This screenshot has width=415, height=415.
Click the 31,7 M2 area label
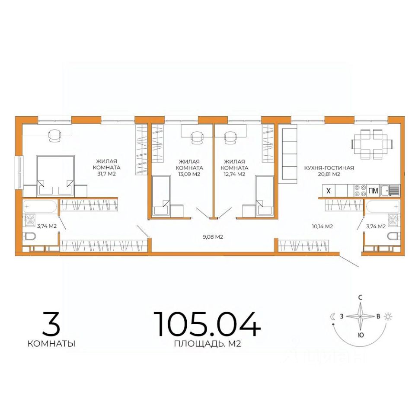pyautogui.click(x=106, y=174)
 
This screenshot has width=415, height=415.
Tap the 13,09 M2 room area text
pyautogui.click(x=189, y=174)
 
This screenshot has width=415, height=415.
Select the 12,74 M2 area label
pyautogui.click(x=234, y=174)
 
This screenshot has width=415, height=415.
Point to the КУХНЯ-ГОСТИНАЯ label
pyautogui.click(x=329, y=168)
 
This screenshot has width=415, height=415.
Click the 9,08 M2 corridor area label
pyautogui.click(x=213, y=236)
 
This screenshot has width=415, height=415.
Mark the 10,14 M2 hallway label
pyautogui.click(x=322, y=226)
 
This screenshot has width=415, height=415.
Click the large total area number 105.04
pyautogui.click(x=207, y=324)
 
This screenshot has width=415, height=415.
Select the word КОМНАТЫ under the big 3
pyautogui.click(x=51, y=344)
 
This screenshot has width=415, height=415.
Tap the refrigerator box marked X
pyautogui.click(x=329, y=191)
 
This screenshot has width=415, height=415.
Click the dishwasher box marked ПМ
pyautogui.click(x=373, y=191)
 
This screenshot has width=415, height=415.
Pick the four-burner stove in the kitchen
pyautogui.click(x=361, y=191)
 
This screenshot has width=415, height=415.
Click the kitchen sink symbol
pyautogui.click(x=390, y=191)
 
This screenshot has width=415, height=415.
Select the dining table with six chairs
pyautogui.click(x=372, y=144)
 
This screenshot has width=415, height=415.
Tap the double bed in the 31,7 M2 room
pyautogui.click(x=55, y=176)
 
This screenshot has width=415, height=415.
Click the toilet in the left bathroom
pyautogui.click(x=29, y=236)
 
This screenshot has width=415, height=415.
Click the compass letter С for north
pyautogui.click(x=360, y=297)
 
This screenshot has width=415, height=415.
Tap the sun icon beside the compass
pyautogui.click(x=388, y=316)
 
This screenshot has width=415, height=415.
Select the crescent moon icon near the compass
pyautogui.click(x=333, y=316)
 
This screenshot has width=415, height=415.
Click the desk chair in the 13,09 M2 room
pyautogui.click(x=197, y=137)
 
